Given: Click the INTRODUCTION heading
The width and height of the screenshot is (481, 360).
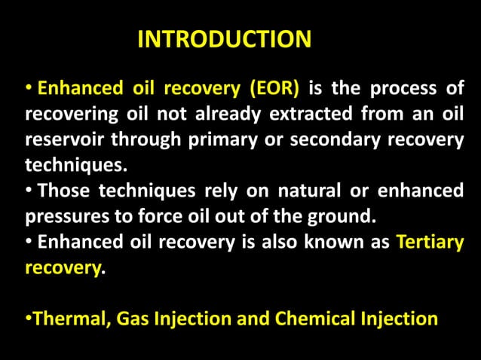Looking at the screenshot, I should coord(224,40).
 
